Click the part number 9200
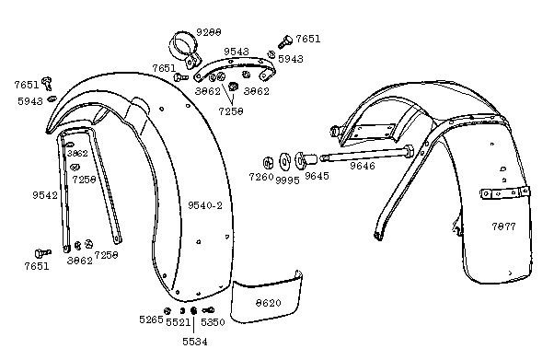208,33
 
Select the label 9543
237,52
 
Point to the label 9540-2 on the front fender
205,203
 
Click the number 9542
44,195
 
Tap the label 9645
317,176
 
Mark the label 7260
261,176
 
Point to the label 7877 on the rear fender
504,226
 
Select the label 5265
151,320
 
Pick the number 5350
213,322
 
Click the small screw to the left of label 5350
207,309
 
